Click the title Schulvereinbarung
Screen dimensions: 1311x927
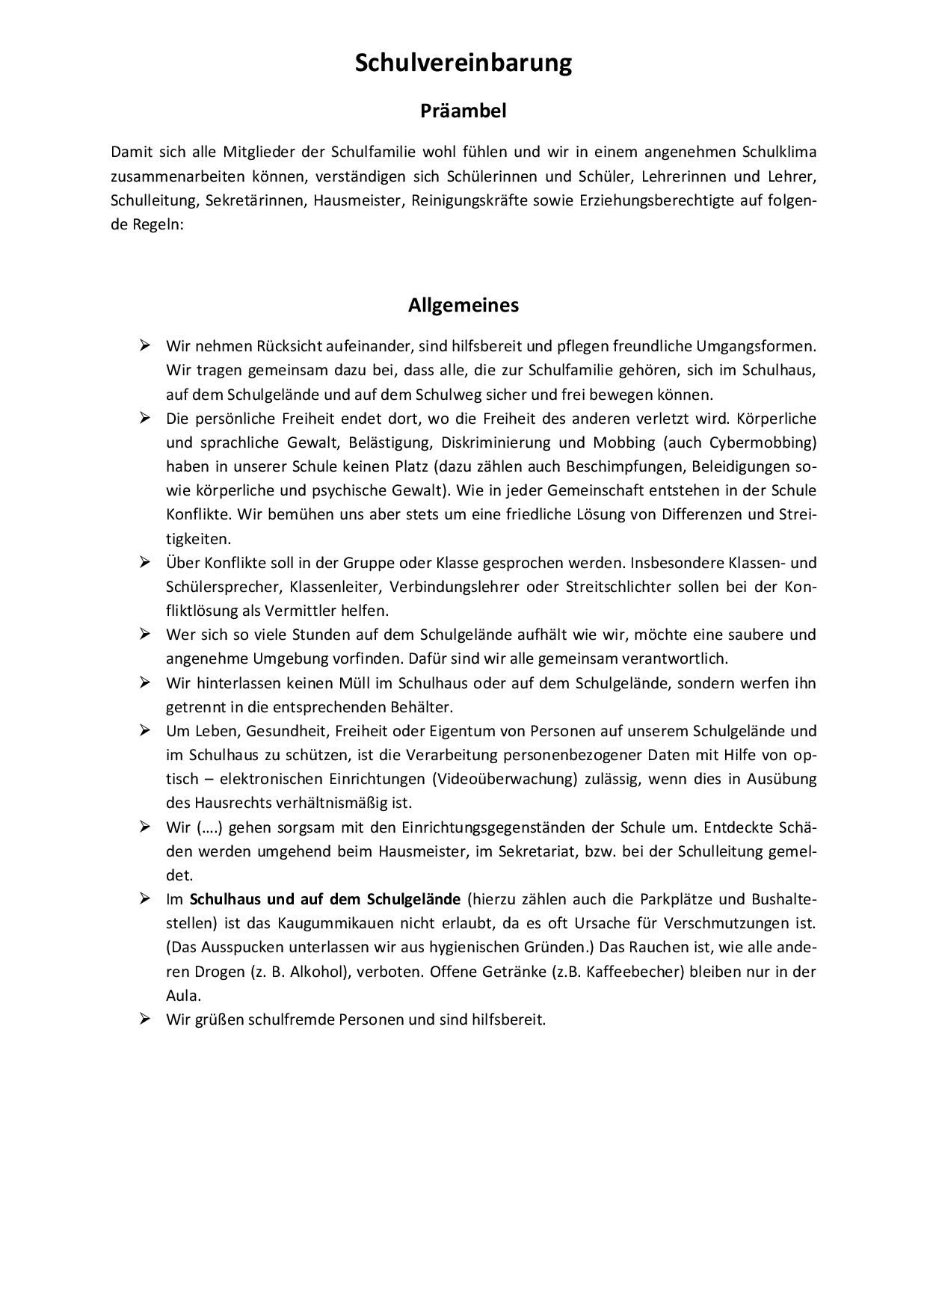(463, 63)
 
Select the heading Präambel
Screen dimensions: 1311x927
(463, 111)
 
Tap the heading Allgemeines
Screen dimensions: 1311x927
(463, 305)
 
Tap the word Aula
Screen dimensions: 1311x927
(182, 996)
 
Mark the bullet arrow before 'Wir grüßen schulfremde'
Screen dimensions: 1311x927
(145, 1019)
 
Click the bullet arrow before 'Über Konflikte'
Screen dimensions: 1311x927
(145, 562)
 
